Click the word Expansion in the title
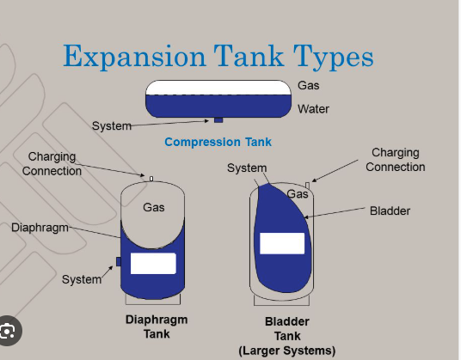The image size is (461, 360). (134, 57)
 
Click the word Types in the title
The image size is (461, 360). (334, 57)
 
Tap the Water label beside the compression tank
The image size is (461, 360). (313, 109)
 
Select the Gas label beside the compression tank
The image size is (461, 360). (309, 85)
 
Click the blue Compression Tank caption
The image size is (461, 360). (218, 142)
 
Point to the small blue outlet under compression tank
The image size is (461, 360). (218, 119)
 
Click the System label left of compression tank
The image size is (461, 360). (112, 126)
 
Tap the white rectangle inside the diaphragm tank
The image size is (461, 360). (153, 264)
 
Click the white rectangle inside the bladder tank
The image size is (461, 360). (282, 243)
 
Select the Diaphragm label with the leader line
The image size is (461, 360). (40, 228)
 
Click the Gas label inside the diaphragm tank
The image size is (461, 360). (154, 207)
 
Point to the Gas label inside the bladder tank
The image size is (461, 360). (298, 194)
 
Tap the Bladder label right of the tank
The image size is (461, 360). (390, 211)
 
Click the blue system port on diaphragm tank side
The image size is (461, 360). (119, 262)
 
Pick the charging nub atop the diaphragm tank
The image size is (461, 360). (151, 179)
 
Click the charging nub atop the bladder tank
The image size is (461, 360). (307, 186)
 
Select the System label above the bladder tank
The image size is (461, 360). (247, 168)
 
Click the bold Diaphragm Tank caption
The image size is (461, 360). (157, 326)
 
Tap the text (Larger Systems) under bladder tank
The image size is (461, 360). (287, 351)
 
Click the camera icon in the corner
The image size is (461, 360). (8, 331)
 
